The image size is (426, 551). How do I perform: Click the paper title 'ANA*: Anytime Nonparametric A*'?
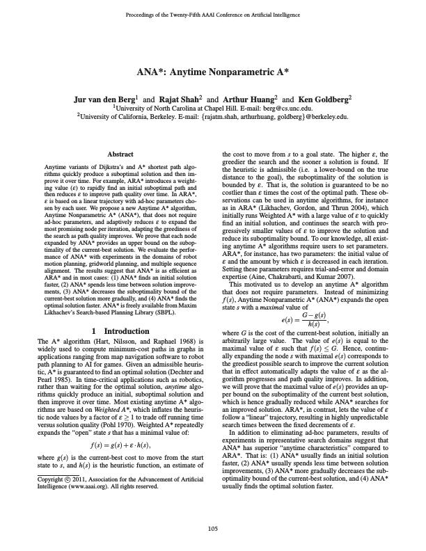(x=212, y=72)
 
